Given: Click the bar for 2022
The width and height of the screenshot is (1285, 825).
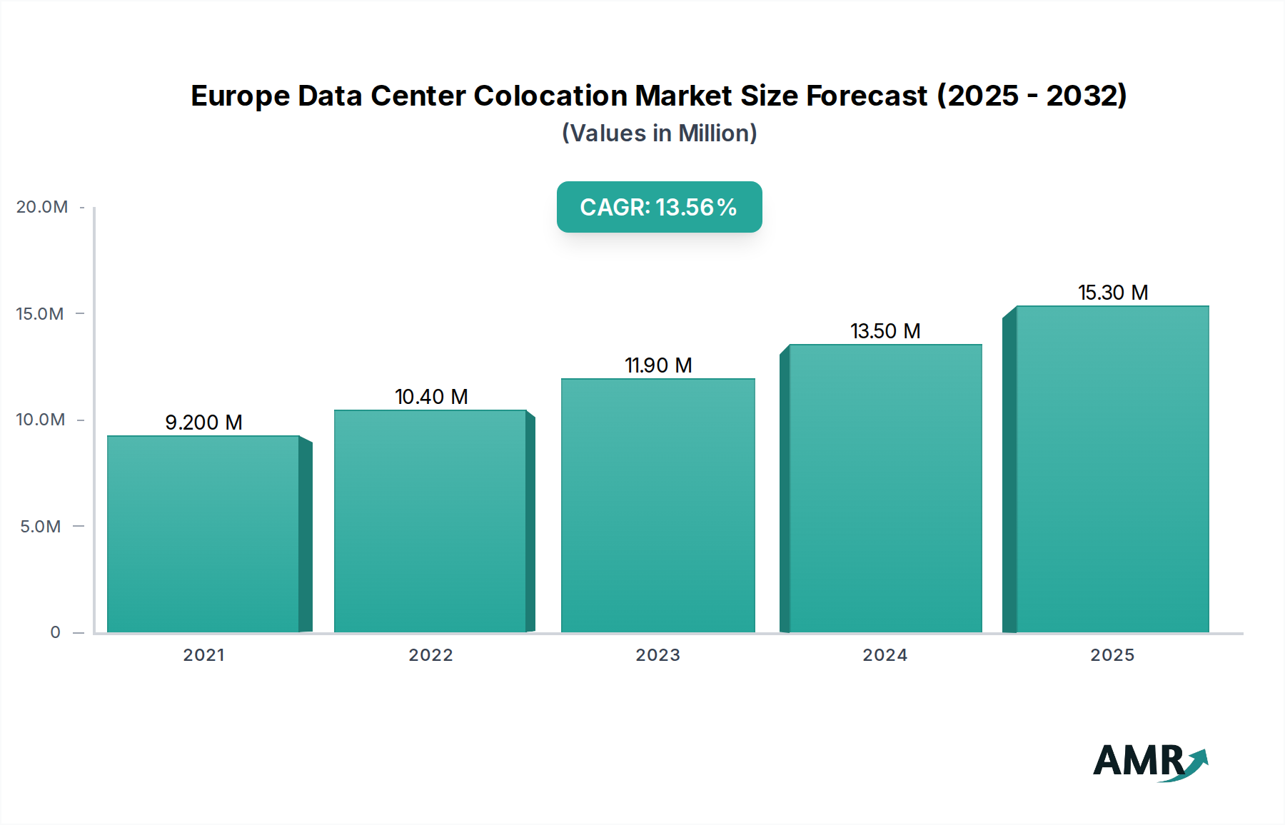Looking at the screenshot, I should coord(430,521).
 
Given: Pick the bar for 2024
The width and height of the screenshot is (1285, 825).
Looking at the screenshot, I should coord(885,488).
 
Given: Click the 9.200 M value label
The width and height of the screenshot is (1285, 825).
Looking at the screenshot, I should coord(203,422).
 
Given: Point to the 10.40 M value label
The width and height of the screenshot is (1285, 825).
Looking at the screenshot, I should coord(431,397).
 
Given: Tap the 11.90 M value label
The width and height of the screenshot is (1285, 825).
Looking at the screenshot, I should coord(658,365).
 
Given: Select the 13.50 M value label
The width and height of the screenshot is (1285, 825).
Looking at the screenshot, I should coord(885,331).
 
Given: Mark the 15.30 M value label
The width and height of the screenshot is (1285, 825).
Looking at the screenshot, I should coord(1113,293).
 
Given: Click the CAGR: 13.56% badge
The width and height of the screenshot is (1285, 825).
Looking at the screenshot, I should coord(659,207).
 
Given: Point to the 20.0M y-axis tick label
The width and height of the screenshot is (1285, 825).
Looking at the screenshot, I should coord(42,207).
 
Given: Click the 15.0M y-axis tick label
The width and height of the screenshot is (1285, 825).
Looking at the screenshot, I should coord(40,314).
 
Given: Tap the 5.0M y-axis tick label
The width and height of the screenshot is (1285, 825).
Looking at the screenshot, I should coord(41,527).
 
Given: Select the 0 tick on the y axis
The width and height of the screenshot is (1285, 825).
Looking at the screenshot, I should coord(55,632).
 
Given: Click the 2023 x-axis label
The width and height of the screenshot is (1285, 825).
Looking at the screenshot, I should coord(657,655).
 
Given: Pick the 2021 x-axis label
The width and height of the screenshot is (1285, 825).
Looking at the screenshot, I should coord(203,655).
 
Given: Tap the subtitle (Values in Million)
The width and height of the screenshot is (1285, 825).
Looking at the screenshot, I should coord(659,133).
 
